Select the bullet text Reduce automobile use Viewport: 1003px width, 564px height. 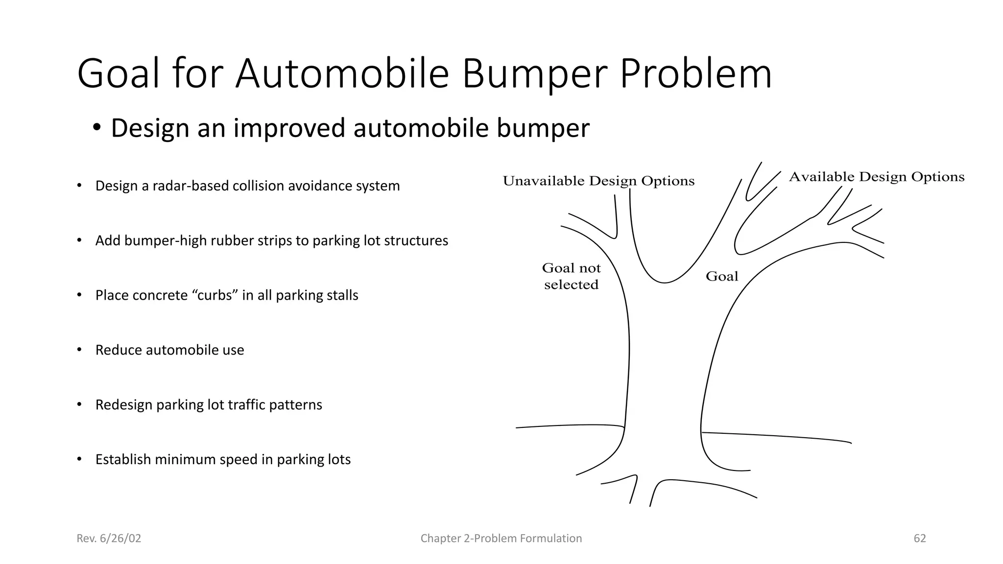pyautogui.click(x=169, y=350)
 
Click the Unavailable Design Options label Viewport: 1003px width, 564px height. pyautogui.click(x=598, y=181)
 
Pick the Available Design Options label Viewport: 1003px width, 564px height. pyautogui.click(x=877, y=177)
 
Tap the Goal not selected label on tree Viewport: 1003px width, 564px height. pyautogui.click(x=571, y=276)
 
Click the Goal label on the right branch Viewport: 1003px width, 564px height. pyautogui.click(x=722, y=277)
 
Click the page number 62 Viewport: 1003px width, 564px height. pyautogui.click(x=920, y=539)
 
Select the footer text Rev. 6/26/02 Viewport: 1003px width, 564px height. pyautogui.click(x=109, y=539)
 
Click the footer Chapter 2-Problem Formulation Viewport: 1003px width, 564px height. pyautogui.click(x=501, y=539)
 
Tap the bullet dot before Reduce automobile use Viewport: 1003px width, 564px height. pyautogui.click(x=79, y=350)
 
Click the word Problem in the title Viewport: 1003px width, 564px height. pyautogui.click(x=696, y=74)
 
